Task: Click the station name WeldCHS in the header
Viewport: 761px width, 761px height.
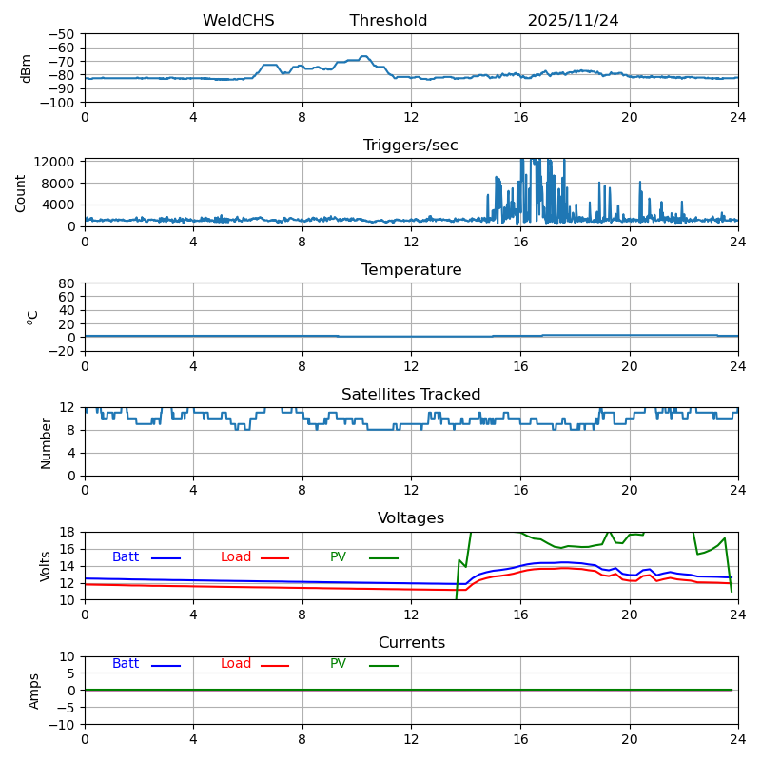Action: coord(238,21)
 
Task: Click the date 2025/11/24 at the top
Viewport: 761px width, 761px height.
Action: coord(573,21)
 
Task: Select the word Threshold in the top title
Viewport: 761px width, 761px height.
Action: coord(388,21)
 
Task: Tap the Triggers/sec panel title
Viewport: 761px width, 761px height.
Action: coord(411,146)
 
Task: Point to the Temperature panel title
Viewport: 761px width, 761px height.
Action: coord(411,270)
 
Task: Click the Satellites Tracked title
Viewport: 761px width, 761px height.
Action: coord(411,395)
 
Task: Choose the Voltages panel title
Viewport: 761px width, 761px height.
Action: coord(411,518)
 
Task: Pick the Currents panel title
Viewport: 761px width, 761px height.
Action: coord(411,643)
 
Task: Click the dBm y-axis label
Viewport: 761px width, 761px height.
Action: coord(27,68)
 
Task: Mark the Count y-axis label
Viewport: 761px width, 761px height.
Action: coord(21,192)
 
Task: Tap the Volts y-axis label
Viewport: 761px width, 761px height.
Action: coord(46,566)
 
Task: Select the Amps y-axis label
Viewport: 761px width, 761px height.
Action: coord(34,691)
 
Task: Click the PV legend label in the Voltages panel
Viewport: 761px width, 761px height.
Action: coord(338,557)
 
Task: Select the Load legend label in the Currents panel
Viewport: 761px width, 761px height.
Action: coord(236,664)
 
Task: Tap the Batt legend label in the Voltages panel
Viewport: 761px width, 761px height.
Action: coord(126,557)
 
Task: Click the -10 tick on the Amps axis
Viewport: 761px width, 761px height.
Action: coord(65,725)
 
